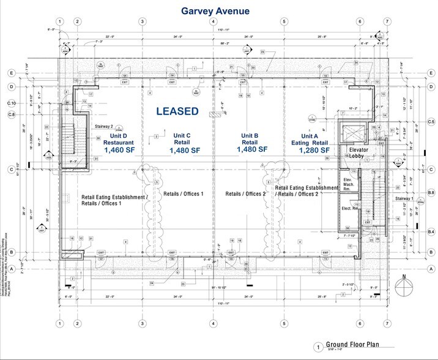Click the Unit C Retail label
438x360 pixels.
[182, 139]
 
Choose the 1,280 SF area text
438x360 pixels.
[311, 149]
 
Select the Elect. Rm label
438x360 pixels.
[349, 209]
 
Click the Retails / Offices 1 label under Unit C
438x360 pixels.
[184, 194]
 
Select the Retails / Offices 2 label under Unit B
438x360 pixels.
[246, 194]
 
